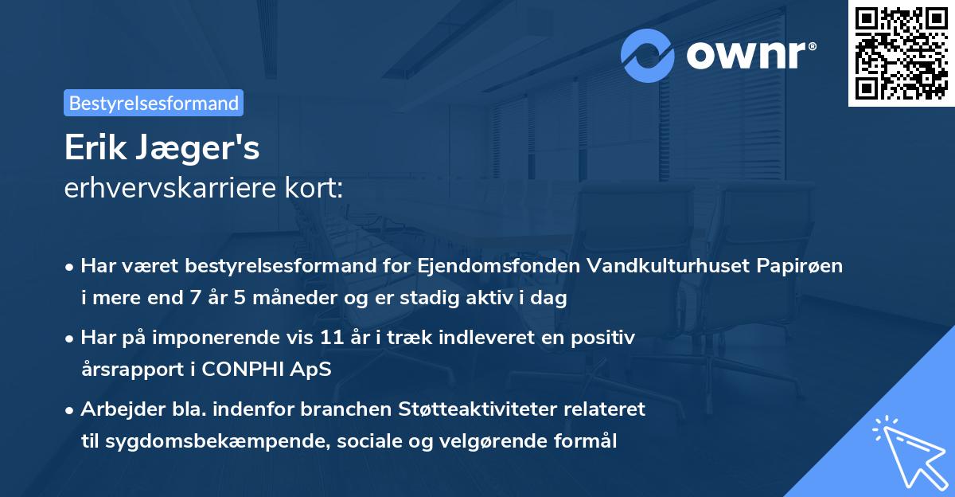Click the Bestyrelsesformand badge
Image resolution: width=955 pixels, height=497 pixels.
pos(153,103)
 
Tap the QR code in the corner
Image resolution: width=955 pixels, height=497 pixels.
pos(901,53)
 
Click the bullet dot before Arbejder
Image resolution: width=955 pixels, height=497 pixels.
pos(71,410)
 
